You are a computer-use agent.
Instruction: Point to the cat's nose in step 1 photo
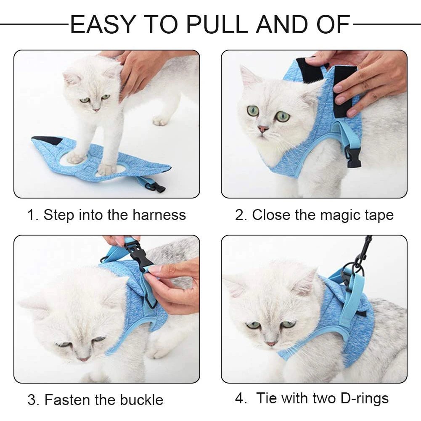[97, 109]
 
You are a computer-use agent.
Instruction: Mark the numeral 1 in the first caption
[31, 215]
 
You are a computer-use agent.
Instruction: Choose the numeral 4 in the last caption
[239, 398]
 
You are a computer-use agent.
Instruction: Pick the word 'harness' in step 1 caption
[159, 215]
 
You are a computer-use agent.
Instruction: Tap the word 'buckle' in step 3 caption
[141, 399]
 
